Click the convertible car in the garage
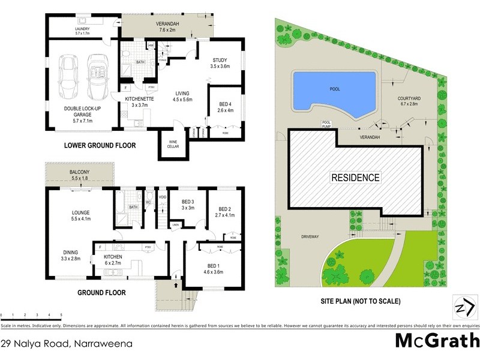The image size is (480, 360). point(97,78)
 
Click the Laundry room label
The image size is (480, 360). point(82,31)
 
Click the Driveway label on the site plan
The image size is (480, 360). point(310,237)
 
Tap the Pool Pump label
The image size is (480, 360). point(327,123)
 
